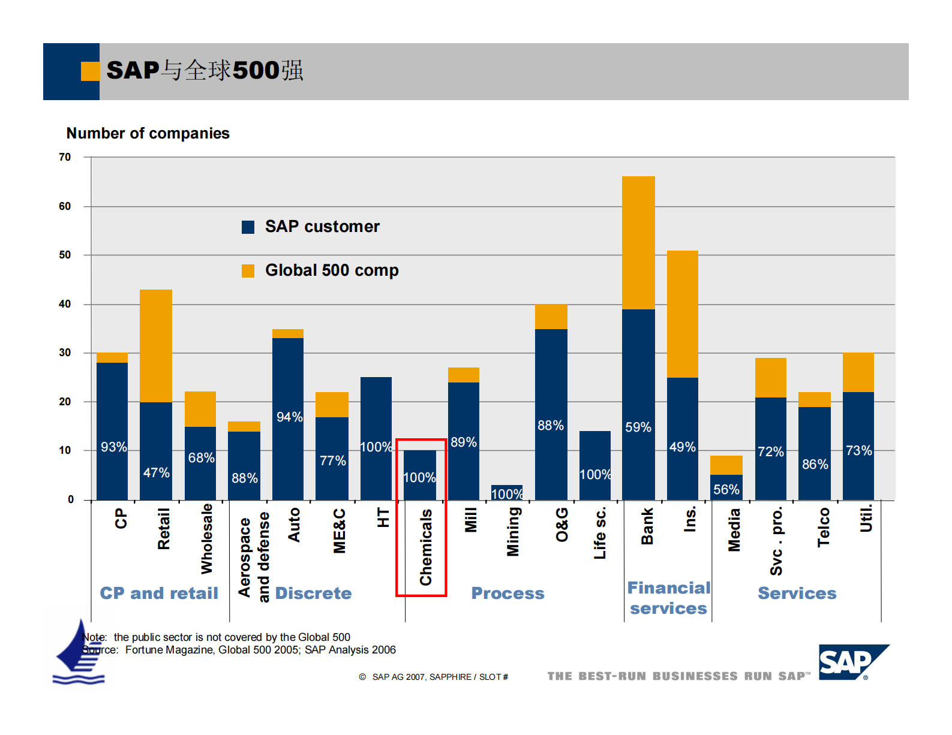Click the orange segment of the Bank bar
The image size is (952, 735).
[638, 242]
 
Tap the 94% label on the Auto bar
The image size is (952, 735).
[289, 417]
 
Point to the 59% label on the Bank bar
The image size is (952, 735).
[638, 427]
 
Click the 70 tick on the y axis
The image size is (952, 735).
[65, 157]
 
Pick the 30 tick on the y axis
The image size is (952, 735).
[65, 353]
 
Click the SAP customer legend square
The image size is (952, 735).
[248, 227]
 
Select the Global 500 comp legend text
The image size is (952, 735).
[332, 270]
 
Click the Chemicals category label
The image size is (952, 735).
[426, 547]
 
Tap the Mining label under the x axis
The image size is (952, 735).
[513, 532]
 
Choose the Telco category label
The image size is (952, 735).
[824, 527]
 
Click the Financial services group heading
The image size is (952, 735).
[668, 598]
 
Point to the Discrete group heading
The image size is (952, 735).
[313, 593]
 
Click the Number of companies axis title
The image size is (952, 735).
[148, 133]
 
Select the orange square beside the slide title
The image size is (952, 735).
[90, 71]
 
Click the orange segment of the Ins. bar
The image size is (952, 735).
[682, 314]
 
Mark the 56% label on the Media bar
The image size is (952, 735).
[726, 490]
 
